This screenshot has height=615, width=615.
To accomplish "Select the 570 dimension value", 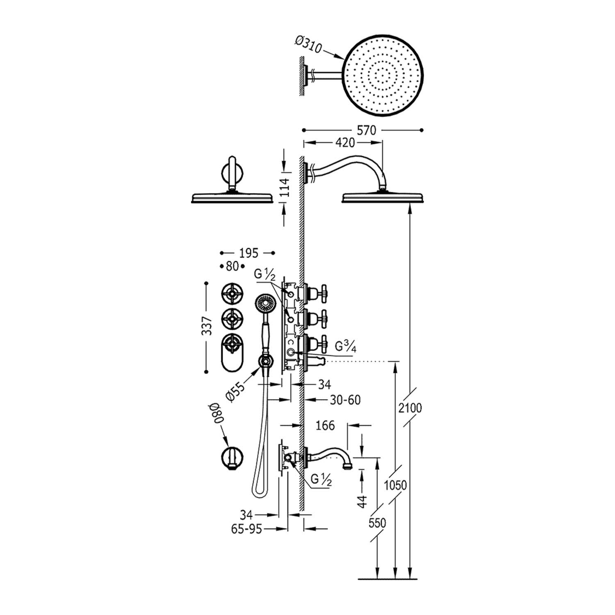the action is (366, 130).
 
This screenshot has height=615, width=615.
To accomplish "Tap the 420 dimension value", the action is (345, 143).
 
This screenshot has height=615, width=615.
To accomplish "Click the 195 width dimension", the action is (248, 253).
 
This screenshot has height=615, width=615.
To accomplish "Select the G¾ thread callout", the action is (345, 347).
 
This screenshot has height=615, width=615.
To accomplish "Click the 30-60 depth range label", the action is (345, 399).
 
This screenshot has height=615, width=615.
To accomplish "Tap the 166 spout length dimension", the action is (325, 425).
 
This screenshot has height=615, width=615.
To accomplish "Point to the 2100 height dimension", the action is (410, 408).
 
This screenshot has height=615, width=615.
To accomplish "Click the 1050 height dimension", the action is (395, 485).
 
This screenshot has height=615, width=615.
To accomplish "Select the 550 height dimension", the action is (377, 523).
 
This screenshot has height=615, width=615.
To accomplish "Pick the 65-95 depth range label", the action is (246, 529).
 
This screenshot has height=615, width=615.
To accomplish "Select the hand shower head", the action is (264, 304).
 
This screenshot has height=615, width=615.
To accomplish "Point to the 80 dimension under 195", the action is (232, 266).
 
